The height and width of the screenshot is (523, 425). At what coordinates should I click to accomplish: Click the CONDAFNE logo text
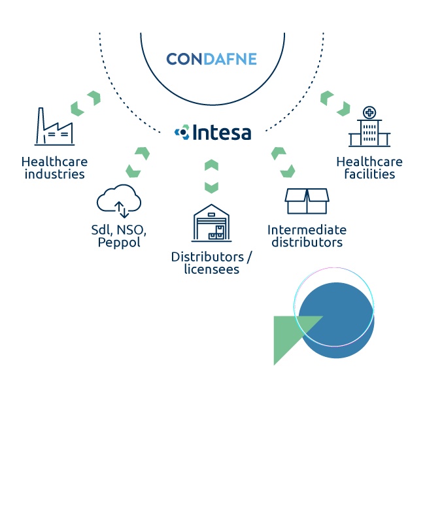point(211,59)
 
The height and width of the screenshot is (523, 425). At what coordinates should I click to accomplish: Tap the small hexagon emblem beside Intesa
point(182,132)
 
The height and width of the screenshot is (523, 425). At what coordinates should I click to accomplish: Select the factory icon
point(54,127)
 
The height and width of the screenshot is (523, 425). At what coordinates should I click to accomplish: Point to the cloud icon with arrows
point(119,201)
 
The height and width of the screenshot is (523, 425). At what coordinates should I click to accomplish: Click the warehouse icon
point(211,223)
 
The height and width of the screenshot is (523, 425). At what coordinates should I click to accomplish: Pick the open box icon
point(307,201)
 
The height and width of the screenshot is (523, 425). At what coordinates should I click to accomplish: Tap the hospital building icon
point(369,128)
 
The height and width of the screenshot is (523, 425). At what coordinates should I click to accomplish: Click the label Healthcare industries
point(54,168)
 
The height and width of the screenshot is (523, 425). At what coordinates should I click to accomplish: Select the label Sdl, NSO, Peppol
point(119,236)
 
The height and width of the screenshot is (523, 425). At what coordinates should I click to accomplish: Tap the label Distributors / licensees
point(211,262)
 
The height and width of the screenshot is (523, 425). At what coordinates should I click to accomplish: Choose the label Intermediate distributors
point(307,236)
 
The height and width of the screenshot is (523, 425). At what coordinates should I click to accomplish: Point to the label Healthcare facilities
point(369,168)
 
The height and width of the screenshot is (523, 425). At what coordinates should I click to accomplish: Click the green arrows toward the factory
point(86,103)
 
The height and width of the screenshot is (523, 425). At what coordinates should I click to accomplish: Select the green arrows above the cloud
point(138,162)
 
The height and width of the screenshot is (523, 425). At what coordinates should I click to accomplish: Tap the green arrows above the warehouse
point(211,176)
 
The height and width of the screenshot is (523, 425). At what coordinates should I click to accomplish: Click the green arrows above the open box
point(283,162)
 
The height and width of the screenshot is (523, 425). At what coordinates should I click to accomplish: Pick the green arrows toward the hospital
point(335,103)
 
